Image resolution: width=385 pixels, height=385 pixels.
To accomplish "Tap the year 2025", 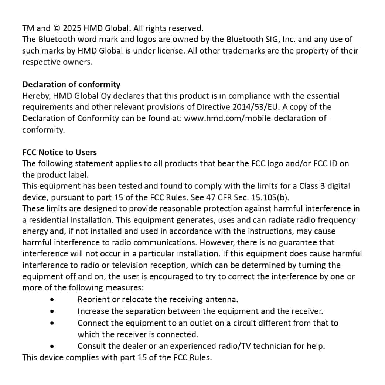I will click(72, 28).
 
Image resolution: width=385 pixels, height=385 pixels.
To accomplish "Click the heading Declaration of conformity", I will click(71, 84).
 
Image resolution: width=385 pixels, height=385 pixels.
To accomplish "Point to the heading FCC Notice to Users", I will click(59, 152).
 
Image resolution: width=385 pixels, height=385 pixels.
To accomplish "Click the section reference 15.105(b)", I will click(265, 197).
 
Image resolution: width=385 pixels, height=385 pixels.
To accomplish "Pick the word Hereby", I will click(36, 96).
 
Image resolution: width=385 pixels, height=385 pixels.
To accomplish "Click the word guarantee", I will click(309, 243).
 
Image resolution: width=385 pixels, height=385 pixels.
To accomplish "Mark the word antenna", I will click(221, 300).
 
